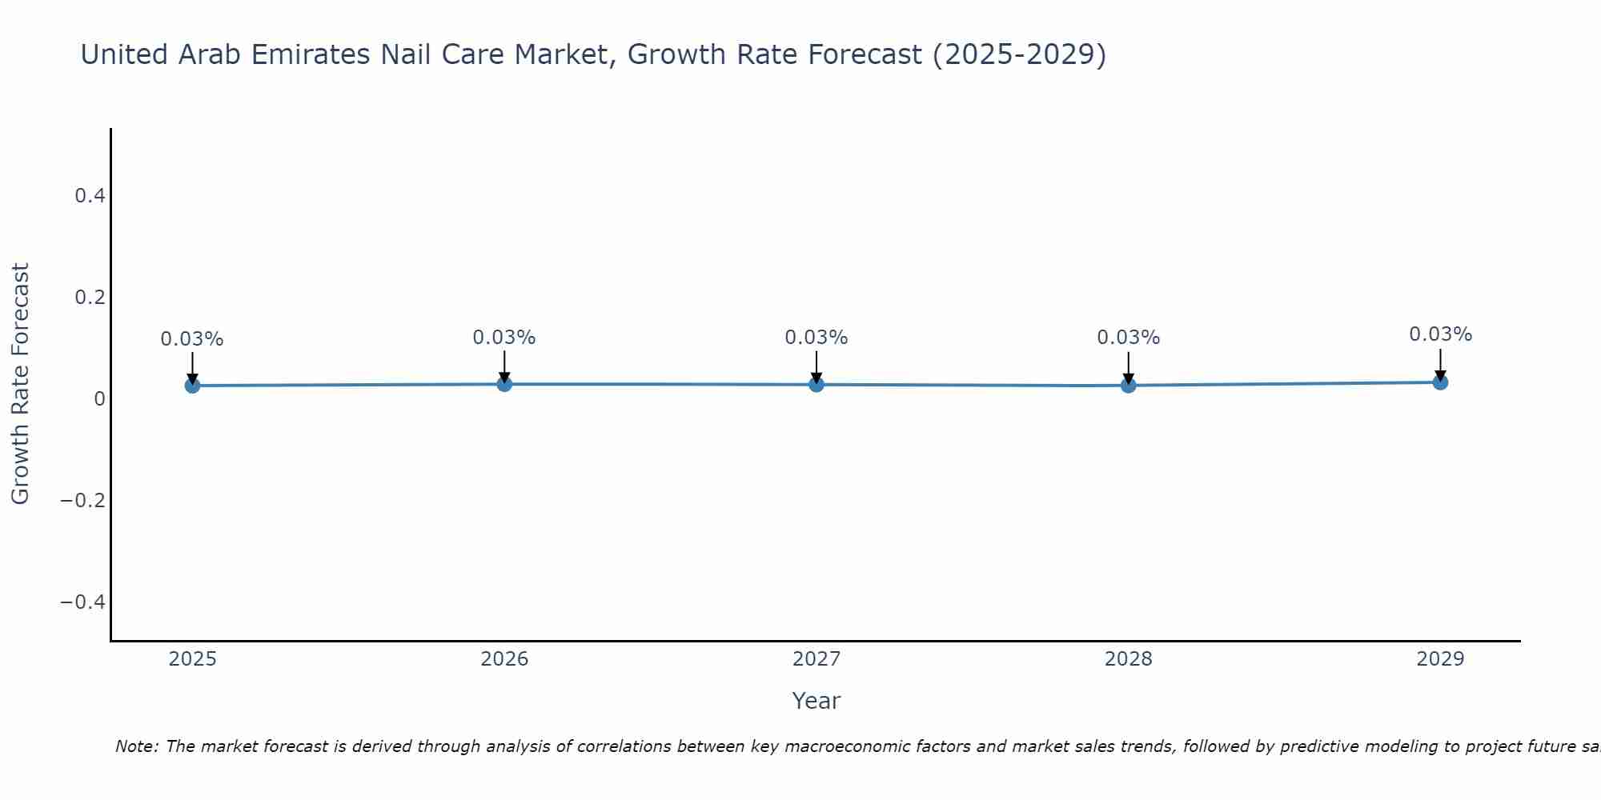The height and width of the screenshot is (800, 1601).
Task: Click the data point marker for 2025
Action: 192,386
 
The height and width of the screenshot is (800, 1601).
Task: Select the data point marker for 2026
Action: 504,384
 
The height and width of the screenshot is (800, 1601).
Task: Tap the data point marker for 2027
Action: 817,385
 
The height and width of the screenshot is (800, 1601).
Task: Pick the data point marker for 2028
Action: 1128,386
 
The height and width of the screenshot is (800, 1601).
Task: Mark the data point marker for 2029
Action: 1440,382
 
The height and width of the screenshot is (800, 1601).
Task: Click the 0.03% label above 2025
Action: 192,339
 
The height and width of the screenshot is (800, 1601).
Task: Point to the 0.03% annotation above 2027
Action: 816,338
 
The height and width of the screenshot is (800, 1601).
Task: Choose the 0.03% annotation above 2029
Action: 1440,334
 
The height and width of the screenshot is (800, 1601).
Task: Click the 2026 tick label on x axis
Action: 504,659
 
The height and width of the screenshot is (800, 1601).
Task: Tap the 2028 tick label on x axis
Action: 1128,659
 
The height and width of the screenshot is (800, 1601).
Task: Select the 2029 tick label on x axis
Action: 1440,659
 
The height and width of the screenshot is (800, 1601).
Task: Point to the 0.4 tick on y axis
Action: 90,195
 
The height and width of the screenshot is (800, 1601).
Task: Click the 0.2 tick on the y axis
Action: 90,297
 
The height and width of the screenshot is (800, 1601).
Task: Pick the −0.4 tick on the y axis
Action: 83,602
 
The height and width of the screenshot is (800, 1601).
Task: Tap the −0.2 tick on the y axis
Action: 83,500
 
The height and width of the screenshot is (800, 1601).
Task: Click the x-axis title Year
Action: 816,701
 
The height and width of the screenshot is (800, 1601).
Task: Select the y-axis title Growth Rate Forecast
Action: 20,384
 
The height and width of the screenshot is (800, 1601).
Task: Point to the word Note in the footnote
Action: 135,746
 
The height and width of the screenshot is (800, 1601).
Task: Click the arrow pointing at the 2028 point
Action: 1128,368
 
